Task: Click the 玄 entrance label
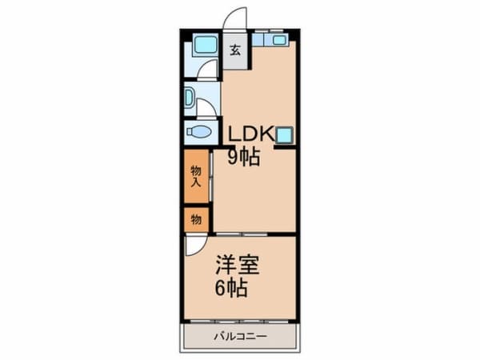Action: pos(235,50)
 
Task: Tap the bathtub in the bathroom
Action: pos(206,44)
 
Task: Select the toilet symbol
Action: pos(199,133)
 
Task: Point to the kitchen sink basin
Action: pos(278,39)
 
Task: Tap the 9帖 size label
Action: pos(242,157)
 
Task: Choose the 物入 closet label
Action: pos(196,177)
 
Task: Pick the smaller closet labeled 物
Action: pos(196,218)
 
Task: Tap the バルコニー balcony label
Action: pos(240,336)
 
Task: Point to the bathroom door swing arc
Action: pos(207,70)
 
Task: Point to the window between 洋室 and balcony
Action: pos(240,322)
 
